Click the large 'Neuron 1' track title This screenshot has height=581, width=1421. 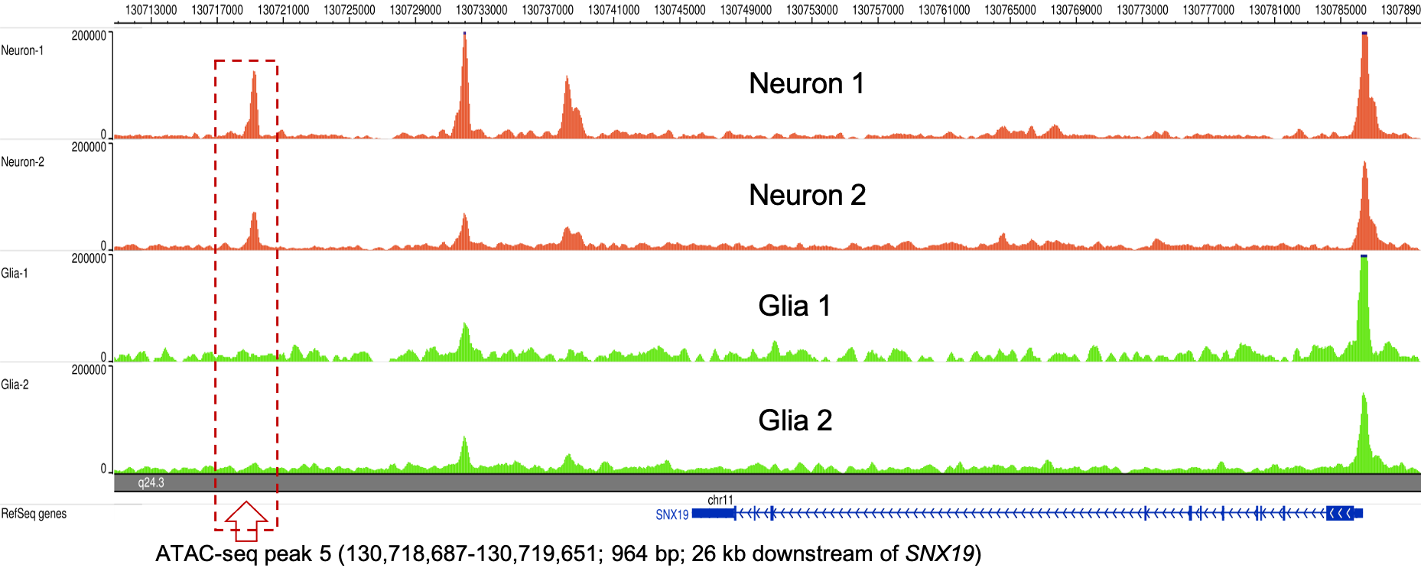[806, 83]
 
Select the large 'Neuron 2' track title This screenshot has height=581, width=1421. [807, 195]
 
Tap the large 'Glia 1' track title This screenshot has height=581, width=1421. [794, 306]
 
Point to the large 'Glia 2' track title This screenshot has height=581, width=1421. [795, 420]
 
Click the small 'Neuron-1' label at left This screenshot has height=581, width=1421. [22, 50]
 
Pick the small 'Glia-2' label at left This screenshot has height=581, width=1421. [15, 385]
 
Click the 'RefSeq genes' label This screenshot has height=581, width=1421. [34, 514]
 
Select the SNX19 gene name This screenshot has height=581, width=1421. [672, 514]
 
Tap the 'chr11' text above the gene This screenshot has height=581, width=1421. [720, 500]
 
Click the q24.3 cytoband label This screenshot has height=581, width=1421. [151, 482]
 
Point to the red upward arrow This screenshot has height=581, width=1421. [246, 520]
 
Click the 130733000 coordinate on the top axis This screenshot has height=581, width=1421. [481, 10]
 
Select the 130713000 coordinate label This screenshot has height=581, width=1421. [151, 10]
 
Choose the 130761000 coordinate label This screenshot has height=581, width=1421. [944, 10]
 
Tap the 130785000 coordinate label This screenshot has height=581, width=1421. [1340, 10]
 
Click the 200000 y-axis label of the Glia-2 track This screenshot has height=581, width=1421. [89, 370]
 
